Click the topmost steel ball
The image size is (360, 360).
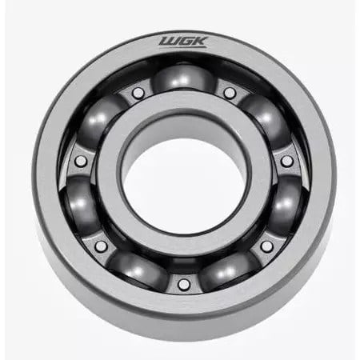point(184,78)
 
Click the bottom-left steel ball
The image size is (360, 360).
point(138,270)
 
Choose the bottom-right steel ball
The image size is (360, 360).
point(230,270)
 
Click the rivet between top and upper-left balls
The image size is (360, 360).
point(138,93)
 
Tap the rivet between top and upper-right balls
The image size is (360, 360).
point(230,93)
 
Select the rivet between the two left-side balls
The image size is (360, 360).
point(81,161)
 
